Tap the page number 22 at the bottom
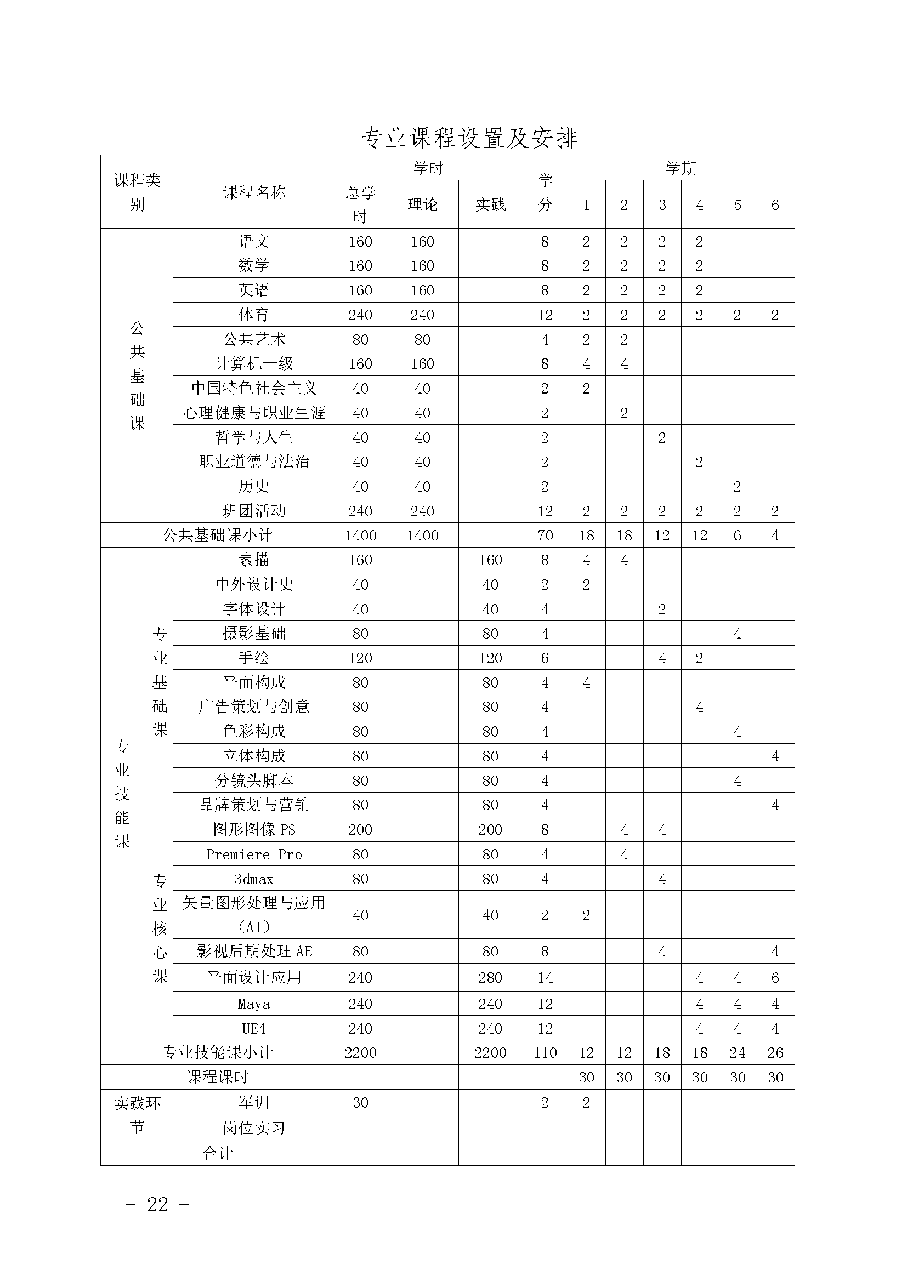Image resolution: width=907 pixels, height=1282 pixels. click(157, 1204)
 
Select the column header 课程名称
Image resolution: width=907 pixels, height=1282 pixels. click(254, 192)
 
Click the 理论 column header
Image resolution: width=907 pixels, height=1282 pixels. click(422, 205)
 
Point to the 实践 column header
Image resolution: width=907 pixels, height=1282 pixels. click(490, 205)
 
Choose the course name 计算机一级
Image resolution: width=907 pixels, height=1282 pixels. click(254, 363)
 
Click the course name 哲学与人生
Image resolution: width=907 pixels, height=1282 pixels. click(254, 437)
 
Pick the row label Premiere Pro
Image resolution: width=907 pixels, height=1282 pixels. click(254, 854)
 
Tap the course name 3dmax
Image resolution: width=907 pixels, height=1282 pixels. click(254, 879)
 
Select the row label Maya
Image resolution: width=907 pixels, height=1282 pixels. click(254, 1004)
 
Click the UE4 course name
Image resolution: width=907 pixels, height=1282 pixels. click(254, 1028)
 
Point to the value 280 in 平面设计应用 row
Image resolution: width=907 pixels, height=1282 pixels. click(490, 978)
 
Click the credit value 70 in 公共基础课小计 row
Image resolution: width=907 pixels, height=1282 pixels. click(545, 535)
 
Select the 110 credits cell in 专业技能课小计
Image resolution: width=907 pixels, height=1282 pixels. click(545, 1053)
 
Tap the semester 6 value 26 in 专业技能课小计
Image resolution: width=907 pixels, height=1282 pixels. click(775, 1053)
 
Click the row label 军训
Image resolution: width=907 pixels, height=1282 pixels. click(254, 1102)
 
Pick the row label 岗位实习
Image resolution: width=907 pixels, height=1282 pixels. click(254, 1128)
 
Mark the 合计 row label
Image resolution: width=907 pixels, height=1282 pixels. click(217, 1154)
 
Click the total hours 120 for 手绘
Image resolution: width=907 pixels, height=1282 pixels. click(360, 658)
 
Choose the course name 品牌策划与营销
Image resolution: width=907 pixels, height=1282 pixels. click(254, 805)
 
